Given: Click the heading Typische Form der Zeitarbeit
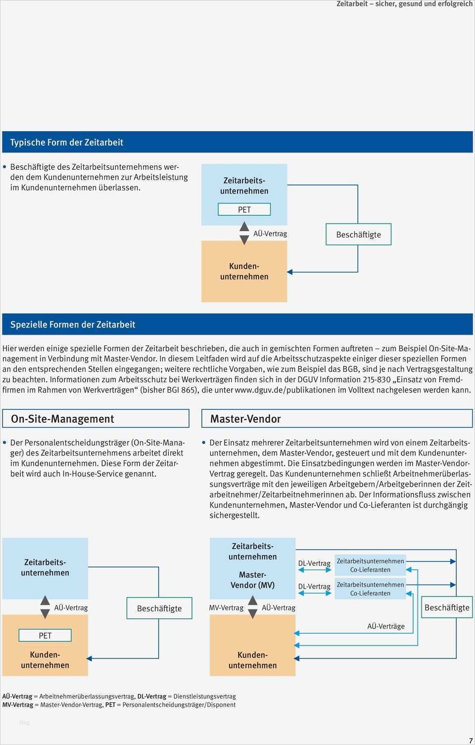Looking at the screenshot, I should [x=67, y=143].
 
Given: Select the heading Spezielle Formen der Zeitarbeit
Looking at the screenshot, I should [x=73, y=325].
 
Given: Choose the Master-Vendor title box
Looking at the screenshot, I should [x=336, y=419].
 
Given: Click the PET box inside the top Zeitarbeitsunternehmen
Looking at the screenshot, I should [x=244, y=209].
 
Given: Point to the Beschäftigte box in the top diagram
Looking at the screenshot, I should [x=358, y=235].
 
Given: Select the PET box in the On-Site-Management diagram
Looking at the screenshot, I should [x=45, y=636].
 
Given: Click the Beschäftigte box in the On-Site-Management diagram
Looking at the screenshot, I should [x=159, y=608].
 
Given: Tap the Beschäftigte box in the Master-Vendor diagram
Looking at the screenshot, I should [x=447, y=607].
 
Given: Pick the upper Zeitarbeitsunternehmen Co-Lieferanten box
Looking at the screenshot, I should [x=370, y=565].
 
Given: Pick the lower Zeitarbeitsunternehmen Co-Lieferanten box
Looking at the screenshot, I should [x=370, y=589].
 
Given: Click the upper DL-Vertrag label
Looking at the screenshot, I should [x=314, y=563].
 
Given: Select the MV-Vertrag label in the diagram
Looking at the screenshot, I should [x=226, y=608].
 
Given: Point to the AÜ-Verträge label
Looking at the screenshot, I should [x=386, y=626].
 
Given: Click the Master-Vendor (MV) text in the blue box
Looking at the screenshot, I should [x=252, y=580].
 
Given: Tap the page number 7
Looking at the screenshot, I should [x=471, y=741].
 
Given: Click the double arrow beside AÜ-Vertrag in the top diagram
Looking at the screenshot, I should [x=244, y=233].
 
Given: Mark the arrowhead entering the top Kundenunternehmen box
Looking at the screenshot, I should [x=290, y=272].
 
